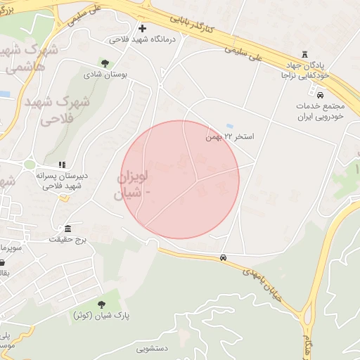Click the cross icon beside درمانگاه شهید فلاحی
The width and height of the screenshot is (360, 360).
(143, 29)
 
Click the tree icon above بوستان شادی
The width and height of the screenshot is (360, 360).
(105, 63)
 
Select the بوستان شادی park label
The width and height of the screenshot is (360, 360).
(103, 74)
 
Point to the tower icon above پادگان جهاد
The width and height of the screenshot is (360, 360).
(304, 54)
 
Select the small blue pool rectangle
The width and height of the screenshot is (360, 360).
(231, 125)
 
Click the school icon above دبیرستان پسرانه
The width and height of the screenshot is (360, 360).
(61, 165)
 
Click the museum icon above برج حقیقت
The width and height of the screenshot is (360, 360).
(67, 230)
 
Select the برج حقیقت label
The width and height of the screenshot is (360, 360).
(67, 240)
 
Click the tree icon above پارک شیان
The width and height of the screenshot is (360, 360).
(101, 305)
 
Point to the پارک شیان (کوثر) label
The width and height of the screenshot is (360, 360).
(101, 316)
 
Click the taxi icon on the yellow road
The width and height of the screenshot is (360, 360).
(223, 258)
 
